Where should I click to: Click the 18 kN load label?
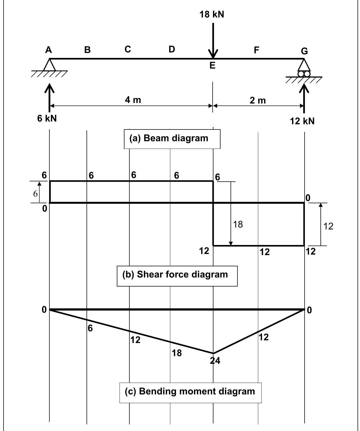click(212, 14)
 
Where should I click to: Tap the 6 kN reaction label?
click(47, 118)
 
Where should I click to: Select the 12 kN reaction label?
click(302, 121)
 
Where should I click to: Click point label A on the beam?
click(49, 50)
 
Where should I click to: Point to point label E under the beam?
click(212, 66)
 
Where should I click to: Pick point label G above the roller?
click(304, 51)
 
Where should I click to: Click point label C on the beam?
click(127, 49)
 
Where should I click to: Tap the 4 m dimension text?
click(133, 100)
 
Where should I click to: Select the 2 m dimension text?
click(258, 101)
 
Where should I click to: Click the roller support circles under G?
click(304, 74)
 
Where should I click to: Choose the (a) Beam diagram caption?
click(172, 138)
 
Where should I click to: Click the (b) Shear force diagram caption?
click(177, 274)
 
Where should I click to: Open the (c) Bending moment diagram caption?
click(190, 391)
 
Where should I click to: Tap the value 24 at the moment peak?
click(215, 361)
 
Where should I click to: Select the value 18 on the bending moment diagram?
click(177, 353)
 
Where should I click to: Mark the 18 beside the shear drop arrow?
click(238, 224)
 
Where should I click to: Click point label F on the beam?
click(256, 50)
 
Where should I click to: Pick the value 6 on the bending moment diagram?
click(90, 328)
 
